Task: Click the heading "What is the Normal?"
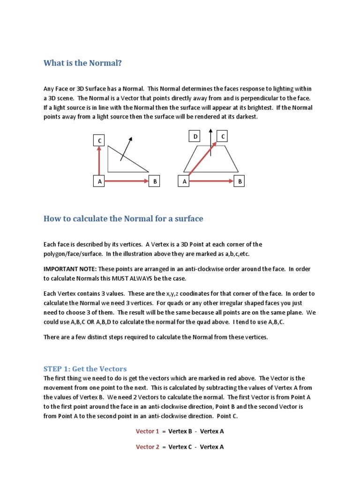(x=82, y=63)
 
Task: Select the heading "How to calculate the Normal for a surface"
(x=123, y=219)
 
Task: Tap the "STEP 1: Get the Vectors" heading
(x=85, y=369)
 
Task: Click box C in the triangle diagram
(x=99, y=140)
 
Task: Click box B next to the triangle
(x=154, y=181)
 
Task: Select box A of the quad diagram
(x=184, y=181)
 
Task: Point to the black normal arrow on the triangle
(x=126, y=149)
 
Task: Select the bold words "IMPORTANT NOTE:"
(x=70, y=269)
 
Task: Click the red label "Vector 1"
(x=148, y=431)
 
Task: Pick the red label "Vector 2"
(x=148, y=447)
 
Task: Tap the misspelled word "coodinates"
(x=221, y=293)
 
